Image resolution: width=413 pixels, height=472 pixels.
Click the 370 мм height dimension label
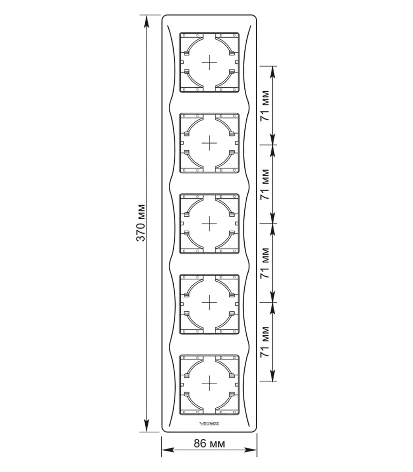140,223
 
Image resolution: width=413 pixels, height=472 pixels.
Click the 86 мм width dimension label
209,443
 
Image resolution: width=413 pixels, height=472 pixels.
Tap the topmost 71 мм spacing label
265,106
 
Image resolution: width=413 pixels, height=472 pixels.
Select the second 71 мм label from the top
265,184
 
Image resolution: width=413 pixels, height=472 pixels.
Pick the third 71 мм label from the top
265,263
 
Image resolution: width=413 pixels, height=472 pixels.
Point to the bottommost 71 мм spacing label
265,342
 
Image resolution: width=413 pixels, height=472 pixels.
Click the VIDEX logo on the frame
209,424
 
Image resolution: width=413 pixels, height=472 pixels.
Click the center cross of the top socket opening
209,62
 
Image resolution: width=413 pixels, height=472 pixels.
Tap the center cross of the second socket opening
209,143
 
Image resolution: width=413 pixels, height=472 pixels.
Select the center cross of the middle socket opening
209,223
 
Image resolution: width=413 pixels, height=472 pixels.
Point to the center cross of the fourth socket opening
209,302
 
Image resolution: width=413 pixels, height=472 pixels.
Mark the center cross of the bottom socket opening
209,383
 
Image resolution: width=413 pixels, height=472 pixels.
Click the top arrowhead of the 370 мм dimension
146,21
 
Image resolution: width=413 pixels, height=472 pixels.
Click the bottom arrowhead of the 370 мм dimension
146,426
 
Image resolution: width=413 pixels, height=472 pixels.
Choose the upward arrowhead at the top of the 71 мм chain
273,72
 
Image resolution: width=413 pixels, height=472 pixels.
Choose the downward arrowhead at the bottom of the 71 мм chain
273,375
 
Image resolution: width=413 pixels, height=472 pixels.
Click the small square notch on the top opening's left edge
182,62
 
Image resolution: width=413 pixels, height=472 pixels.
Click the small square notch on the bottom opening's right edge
236,383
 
